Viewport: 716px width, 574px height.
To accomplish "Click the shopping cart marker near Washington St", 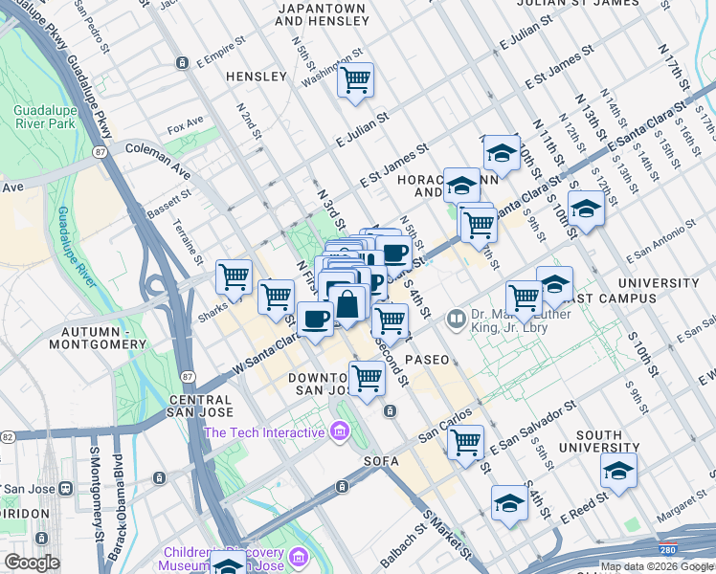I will pyautogui.click(x=355, y=80).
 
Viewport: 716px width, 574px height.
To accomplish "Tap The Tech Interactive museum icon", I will pyautogui.click(x=338, y=433).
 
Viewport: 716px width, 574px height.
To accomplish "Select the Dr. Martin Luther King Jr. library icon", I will pyautogui.click(x=458, y=319).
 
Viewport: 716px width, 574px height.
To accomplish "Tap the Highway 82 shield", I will pyautogui.click(x=8, y=436).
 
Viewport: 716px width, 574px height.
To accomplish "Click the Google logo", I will pyautogui.click(x=32, y=562).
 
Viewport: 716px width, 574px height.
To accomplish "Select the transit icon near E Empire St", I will pyautogui.click(x=182, y=63).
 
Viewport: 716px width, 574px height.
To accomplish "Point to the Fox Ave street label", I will pyautogui.click(x=186, y=125).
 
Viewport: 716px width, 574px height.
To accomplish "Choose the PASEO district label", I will pyautogui.click(x=426, y=360).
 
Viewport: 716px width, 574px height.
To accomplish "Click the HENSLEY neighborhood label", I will pyautogui.click(x=256, y=76).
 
